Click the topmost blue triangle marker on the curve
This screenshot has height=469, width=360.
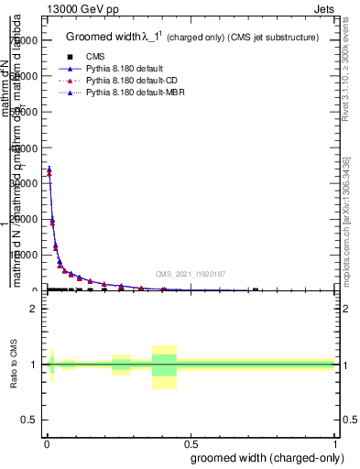coord(49,169)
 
